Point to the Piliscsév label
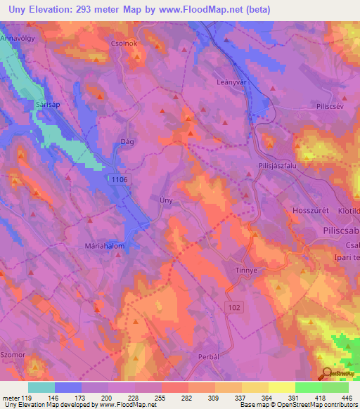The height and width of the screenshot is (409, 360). [x=314, y=108]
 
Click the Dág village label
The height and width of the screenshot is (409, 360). [x=127, y=141]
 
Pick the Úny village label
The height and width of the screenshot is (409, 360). [x=166, y=200]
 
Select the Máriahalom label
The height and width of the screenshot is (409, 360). [x=104, y=247]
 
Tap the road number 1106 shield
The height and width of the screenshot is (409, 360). [x=119, y=181]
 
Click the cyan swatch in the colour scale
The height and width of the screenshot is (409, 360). [x=41, y=387]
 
